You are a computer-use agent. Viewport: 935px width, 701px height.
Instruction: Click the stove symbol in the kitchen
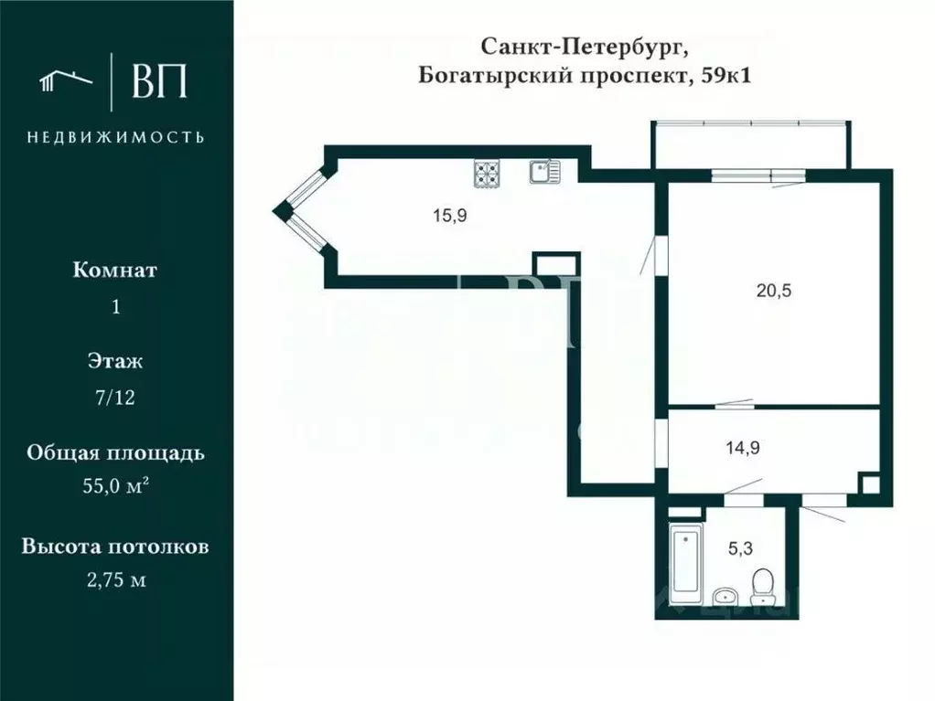click(487, 173)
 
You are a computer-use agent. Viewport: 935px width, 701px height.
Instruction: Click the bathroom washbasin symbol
click(725, 595)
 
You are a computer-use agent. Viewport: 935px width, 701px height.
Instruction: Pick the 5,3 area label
click(740, 548)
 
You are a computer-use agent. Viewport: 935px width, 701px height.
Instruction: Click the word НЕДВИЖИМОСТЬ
click(115, 137)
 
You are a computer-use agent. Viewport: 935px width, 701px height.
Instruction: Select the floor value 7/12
click(115, 398)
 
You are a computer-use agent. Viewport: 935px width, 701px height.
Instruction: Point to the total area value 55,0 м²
click(115, 487)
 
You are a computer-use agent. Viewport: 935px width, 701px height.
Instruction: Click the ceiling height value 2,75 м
click(115, 579)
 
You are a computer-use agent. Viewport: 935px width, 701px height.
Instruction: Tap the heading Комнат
click(115, 271)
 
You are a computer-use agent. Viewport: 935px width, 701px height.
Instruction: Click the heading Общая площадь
click(115, 453)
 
